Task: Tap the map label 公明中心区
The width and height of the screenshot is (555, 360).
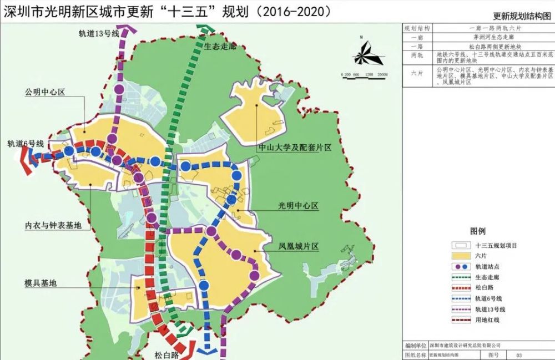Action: (44, 92)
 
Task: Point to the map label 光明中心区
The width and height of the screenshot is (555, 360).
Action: (298, 206)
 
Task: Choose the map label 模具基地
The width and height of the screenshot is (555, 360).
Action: (41, 283)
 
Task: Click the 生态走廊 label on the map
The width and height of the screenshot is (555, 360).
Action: (220, 47)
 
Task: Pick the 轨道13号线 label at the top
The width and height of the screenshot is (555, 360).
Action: (99, 34)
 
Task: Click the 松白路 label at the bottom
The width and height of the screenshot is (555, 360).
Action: (167, 353)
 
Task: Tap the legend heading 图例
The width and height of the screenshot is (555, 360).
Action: (477, 231)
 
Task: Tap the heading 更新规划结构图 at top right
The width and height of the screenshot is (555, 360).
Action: (521, 16)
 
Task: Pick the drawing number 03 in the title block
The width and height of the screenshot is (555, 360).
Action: (519, 354)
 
